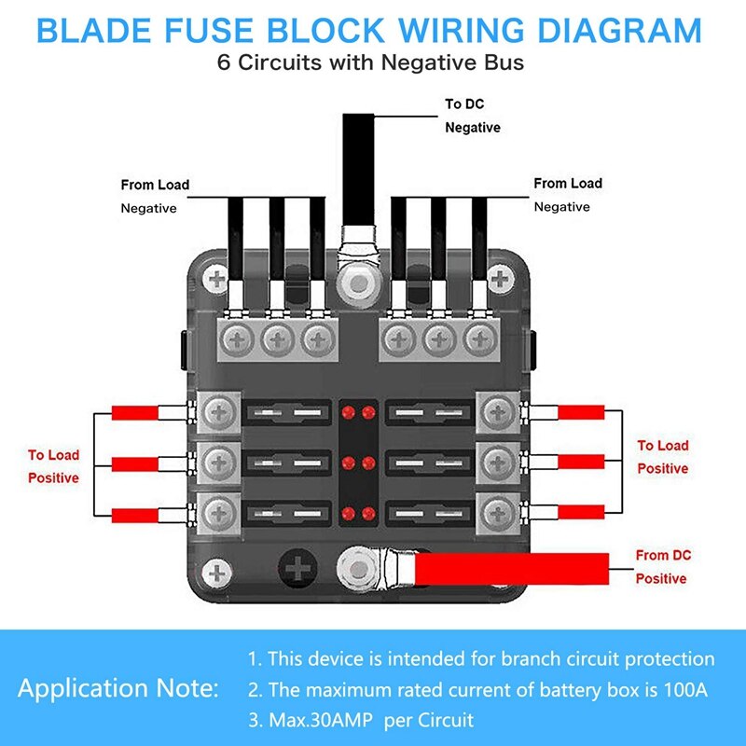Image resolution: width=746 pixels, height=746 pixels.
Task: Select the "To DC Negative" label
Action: coord(472,116)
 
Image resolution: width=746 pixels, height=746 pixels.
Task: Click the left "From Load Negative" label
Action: coord(154,196)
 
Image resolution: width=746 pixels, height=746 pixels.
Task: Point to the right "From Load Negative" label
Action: coord(567,194)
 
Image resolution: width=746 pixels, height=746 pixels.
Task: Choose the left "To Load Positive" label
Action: coord(53,466)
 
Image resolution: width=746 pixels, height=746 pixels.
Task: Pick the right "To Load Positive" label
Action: coord(662,457)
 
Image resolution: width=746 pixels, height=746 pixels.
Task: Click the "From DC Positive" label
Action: coord(661,566)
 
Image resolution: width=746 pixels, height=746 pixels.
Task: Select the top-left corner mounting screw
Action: coord(218,278)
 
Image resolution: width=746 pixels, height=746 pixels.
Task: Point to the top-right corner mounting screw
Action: coord(502,278)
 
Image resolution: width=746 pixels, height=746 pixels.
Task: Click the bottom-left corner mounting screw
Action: coord(218,572)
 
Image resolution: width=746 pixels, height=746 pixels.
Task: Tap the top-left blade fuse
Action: coord(285,411)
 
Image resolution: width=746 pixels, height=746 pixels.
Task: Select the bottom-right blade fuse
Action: coord(430,512)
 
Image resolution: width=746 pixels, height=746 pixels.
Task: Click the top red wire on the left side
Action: coord(136,413)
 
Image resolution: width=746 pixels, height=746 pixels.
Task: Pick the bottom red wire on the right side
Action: coord(582,512)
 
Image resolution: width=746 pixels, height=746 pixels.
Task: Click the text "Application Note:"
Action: coord(118,690)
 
